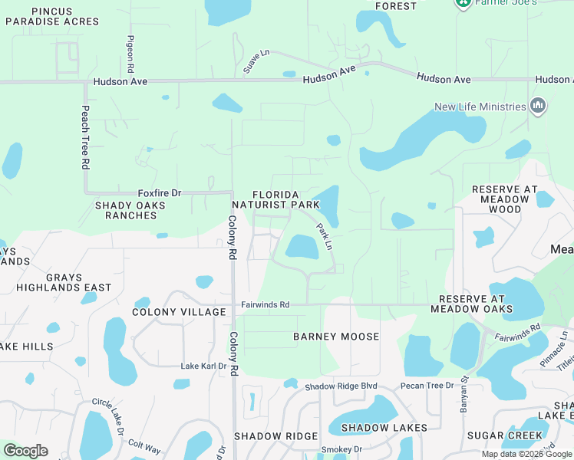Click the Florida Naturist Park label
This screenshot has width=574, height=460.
tap(275, 199)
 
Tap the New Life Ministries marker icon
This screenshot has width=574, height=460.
tap(537, 107)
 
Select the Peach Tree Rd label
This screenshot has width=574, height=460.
tap(86, 138)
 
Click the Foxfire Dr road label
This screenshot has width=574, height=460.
tap(159, 193)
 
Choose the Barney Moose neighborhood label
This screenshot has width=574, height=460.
tap(336, 337)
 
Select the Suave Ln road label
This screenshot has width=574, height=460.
tap(257, 61)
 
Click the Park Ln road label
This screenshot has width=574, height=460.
tap(325, 236)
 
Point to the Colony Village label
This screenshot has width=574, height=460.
tap(180, 312)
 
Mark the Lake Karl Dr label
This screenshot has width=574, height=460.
tap(203, 366)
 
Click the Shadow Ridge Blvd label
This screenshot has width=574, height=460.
tap(341, 386)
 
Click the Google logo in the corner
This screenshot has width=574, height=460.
tap(25, 451)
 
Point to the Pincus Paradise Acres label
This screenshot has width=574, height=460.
tap(52, 16)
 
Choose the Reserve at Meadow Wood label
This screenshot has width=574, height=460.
tap(500, 199)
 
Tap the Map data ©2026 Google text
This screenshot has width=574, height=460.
tap(526, 454)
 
